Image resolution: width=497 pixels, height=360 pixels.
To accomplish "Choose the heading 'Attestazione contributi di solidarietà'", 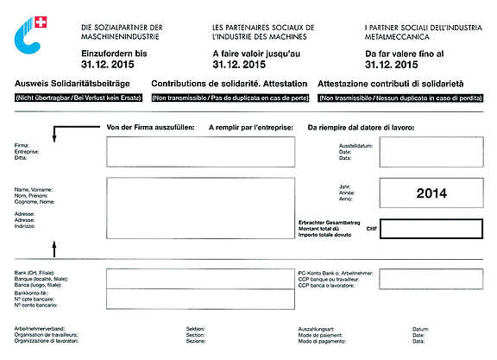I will click(391, 84).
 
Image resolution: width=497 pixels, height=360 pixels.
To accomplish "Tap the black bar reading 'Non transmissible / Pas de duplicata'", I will click(230, 98).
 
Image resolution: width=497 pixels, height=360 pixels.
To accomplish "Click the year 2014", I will click(431, 193).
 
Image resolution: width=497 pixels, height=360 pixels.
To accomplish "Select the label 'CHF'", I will click(372, 229).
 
